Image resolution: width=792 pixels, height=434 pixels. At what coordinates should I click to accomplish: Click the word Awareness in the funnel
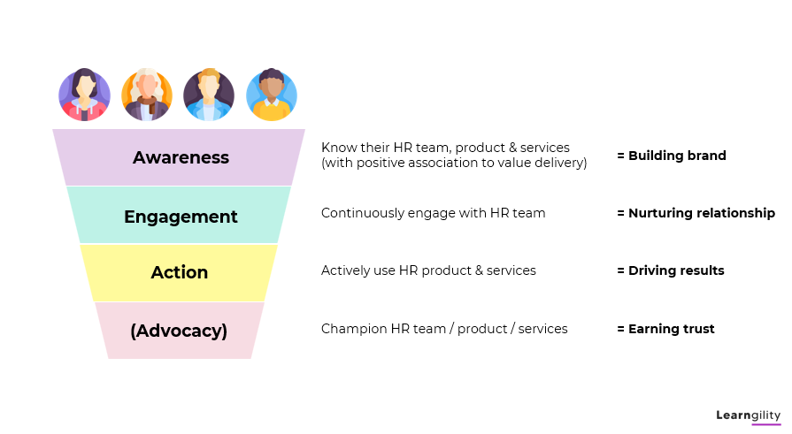click(x=181, y=157)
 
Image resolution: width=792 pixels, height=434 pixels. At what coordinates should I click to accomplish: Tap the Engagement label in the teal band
click(x=181, y=217)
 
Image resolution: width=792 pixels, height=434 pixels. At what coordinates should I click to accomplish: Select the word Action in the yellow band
click(x=180, y=272)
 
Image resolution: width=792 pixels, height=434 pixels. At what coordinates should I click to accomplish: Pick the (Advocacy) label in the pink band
click(x=179, y=331)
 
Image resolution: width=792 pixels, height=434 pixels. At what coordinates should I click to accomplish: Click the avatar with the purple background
click(x=84, y=95)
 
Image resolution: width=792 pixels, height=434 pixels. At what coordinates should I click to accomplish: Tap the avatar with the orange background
click(x=147, y=95)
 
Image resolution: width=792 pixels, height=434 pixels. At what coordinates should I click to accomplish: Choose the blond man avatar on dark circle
click(x=209, y=95)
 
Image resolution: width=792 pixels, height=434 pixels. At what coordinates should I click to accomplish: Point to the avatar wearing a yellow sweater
click(x=272, y=95)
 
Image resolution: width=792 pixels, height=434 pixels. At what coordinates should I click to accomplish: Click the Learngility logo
click(x=748, y=415)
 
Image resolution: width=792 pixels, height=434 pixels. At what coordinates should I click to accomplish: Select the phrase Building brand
click(x=677, y=156)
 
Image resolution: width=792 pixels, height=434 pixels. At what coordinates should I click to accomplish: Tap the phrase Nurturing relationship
click(x=702, y=214)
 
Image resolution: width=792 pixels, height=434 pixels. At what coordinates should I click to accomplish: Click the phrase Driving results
click(x=676, y=271)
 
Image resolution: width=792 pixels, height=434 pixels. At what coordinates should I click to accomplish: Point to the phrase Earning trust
click(x=672, y=329)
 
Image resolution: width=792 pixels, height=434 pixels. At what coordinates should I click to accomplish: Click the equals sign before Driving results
click(x=621, y=271)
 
